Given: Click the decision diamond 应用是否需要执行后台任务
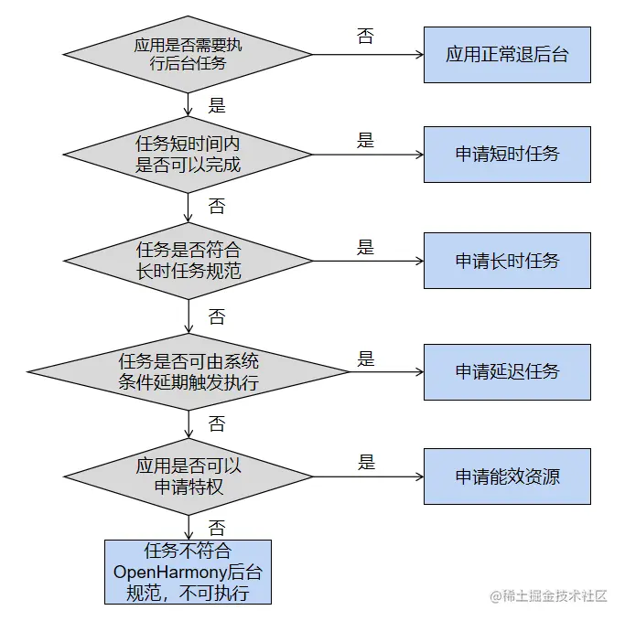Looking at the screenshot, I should click(x=188, y=54).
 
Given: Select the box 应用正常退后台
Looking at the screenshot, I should click(x=507, y=55).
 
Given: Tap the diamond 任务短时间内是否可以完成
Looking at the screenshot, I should click(x=188, y=154).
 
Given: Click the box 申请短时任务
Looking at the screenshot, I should click(x=507, y=154).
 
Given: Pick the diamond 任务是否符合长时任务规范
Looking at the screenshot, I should click(x=188, y=261).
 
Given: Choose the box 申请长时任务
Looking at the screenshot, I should click(x=507, y=261).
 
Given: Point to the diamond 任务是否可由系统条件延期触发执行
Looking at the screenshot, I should click(x=188, y=371).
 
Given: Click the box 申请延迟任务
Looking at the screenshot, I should click(x=507, y=371).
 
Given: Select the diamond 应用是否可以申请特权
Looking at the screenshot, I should click(x=188, y=476).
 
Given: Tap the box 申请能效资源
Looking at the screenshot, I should click(x=507, y=476).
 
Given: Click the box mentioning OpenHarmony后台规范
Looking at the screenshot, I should click(x=188, y=572).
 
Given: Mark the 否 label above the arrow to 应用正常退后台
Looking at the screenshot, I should click(x=365, y=37).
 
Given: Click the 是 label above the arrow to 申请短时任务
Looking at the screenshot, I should click(x=365, y=141).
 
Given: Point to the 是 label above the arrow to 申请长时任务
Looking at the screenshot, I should click(x=365, y=247).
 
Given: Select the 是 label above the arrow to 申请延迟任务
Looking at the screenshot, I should click(x=365, y=359).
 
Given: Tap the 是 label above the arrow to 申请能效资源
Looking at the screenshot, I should click(x=366, y=462).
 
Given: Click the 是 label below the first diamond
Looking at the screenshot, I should click(x=217, y=105).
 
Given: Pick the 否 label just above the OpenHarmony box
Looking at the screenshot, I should click(x=217, y=528).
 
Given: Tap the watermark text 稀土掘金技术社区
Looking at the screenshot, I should click(x=555, y=596).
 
